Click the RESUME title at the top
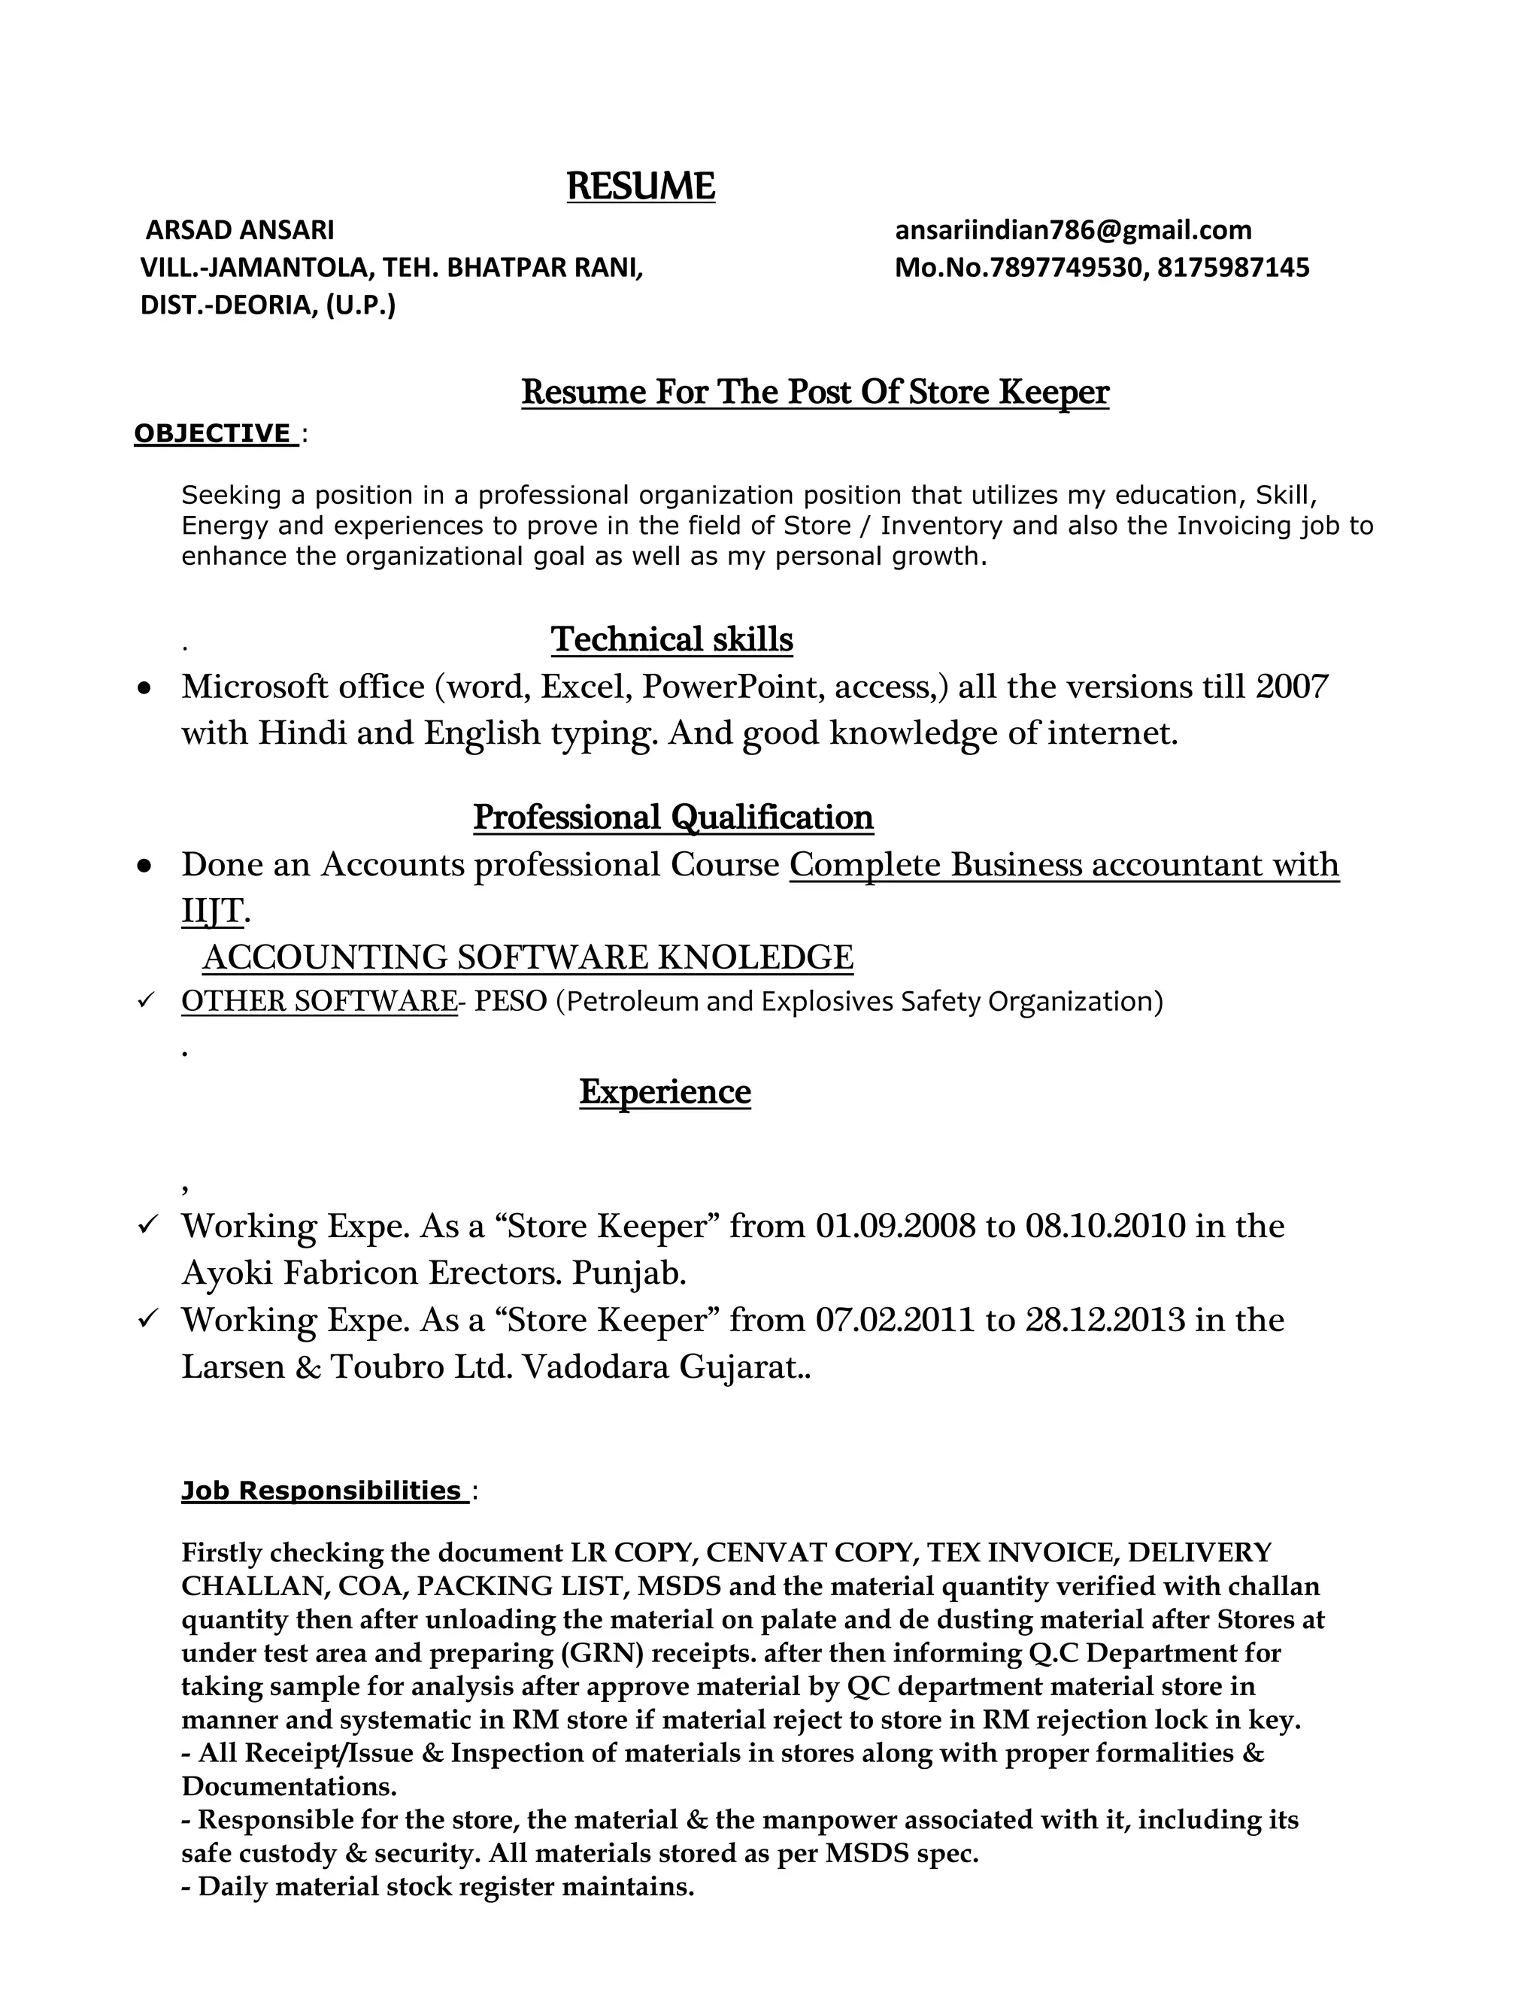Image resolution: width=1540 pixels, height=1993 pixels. [641, 187]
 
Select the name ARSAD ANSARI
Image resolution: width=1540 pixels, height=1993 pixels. [240, 229]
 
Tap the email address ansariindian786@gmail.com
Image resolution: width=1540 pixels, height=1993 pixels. [1073, 230]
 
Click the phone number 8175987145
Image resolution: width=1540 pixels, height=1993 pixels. [1233, 268]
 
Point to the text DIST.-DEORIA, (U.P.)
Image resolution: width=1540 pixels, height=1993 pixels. [267, 305]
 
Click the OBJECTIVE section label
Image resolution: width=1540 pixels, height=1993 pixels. [214, 433]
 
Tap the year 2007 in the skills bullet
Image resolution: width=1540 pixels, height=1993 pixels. [1292, 686]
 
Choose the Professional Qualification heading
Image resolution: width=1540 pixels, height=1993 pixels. [672, 817]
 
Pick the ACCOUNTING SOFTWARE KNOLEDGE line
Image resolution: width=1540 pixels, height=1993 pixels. [527, 957]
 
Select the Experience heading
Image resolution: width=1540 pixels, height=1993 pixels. [664, 1091]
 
